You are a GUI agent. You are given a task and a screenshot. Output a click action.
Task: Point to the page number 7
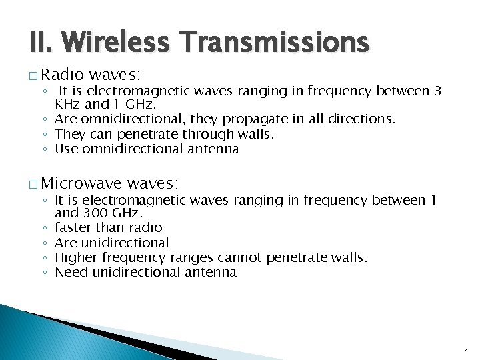465,349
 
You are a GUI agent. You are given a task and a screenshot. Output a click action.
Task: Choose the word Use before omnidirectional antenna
67,149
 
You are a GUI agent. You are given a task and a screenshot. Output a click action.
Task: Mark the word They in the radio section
69,134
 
